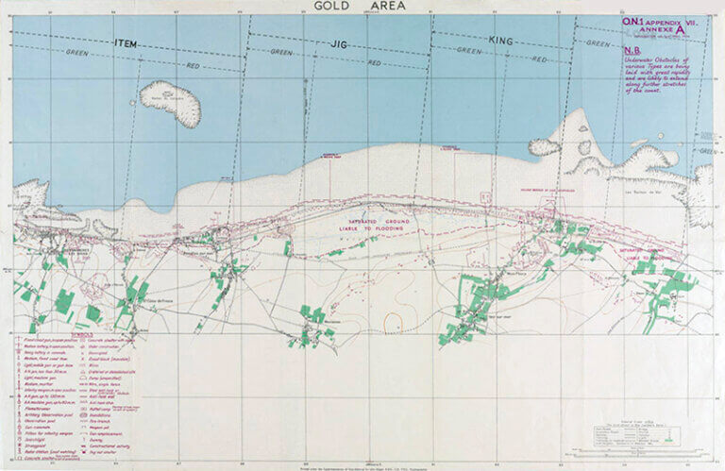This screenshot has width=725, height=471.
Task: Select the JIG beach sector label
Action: point(339,43)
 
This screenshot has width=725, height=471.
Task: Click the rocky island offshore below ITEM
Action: point(170,101)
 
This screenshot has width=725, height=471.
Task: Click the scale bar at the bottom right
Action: point(652,453)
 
